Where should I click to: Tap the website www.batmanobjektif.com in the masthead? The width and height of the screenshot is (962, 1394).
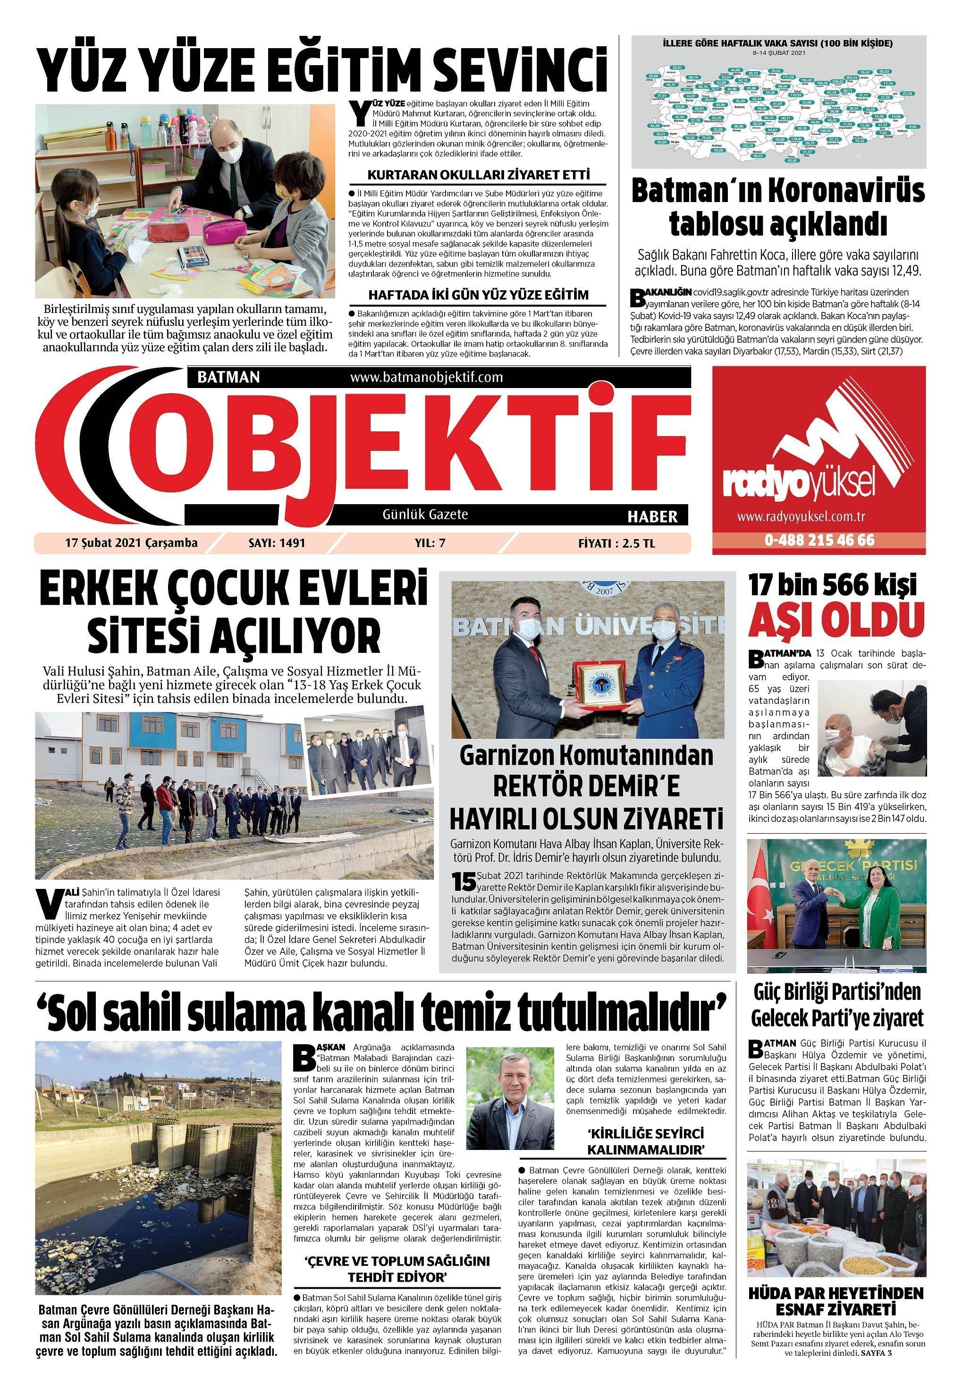coord(426,377)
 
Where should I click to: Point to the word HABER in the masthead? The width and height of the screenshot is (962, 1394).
coord(652,516)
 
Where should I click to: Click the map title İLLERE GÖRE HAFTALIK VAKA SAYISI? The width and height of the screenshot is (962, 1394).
coord(777,44)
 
